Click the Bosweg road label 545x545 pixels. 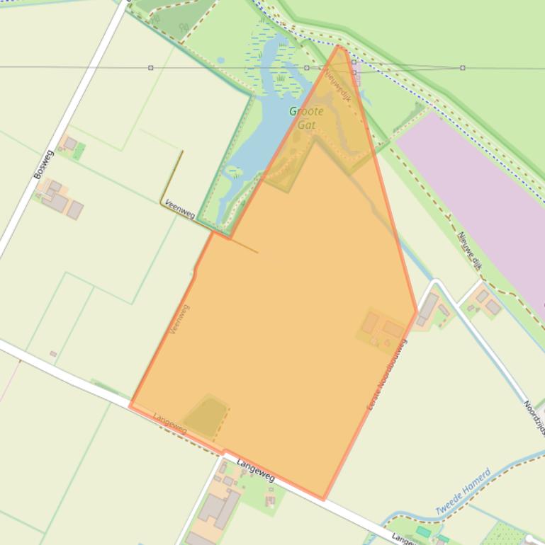[x=43, y=163]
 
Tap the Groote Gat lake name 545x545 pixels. [x=306, y=117]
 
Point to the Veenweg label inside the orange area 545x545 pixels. [x=180, y=319]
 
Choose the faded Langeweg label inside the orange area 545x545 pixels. [x=170, y=423]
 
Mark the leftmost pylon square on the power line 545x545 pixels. [x=151, y=68]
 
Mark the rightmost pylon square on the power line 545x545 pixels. [x=463, y=68]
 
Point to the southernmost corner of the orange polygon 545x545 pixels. [x=324, y=499]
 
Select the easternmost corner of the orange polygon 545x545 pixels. [x=416, y=311]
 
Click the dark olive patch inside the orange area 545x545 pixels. [x=206, y=416]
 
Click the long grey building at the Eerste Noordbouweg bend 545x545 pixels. [x=428, y=306]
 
